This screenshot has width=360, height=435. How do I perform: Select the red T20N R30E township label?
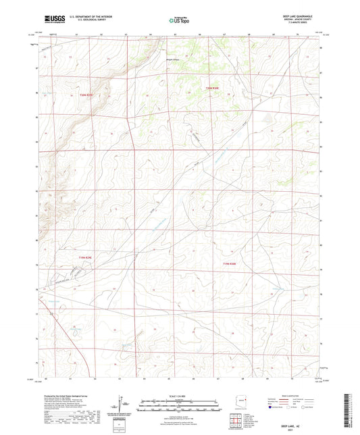[213, 88]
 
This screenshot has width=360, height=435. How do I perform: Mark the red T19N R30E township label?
[230, 264]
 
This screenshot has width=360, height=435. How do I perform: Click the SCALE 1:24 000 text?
[180, 396]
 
